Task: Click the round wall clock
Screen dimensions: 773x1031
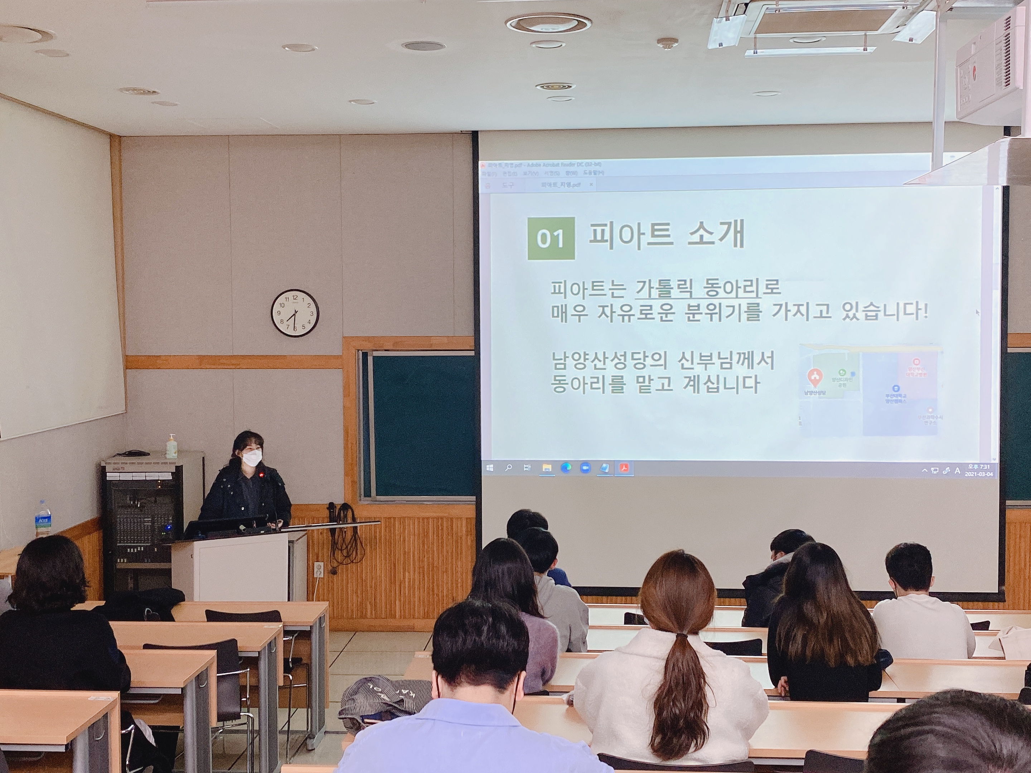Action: pyautogui.click(x=295, y=313)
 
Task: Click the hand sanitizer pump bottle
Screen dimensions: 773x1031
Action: pyautogui.click(x=171, y=446)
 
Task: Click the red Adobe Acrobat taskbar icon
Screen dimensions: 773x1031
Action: pyautogui.click(x=624, y=468)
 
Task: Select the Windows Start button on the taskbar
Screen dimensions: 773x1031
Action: pyautogui.click(x=489, y=468)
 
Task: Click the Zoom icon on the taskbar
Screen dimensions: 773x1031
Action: pyautogui.click(x=585, y=468)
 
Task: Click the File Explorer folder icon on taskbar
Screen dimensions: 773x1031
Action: pyautogui.click(x=547, y=468)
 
